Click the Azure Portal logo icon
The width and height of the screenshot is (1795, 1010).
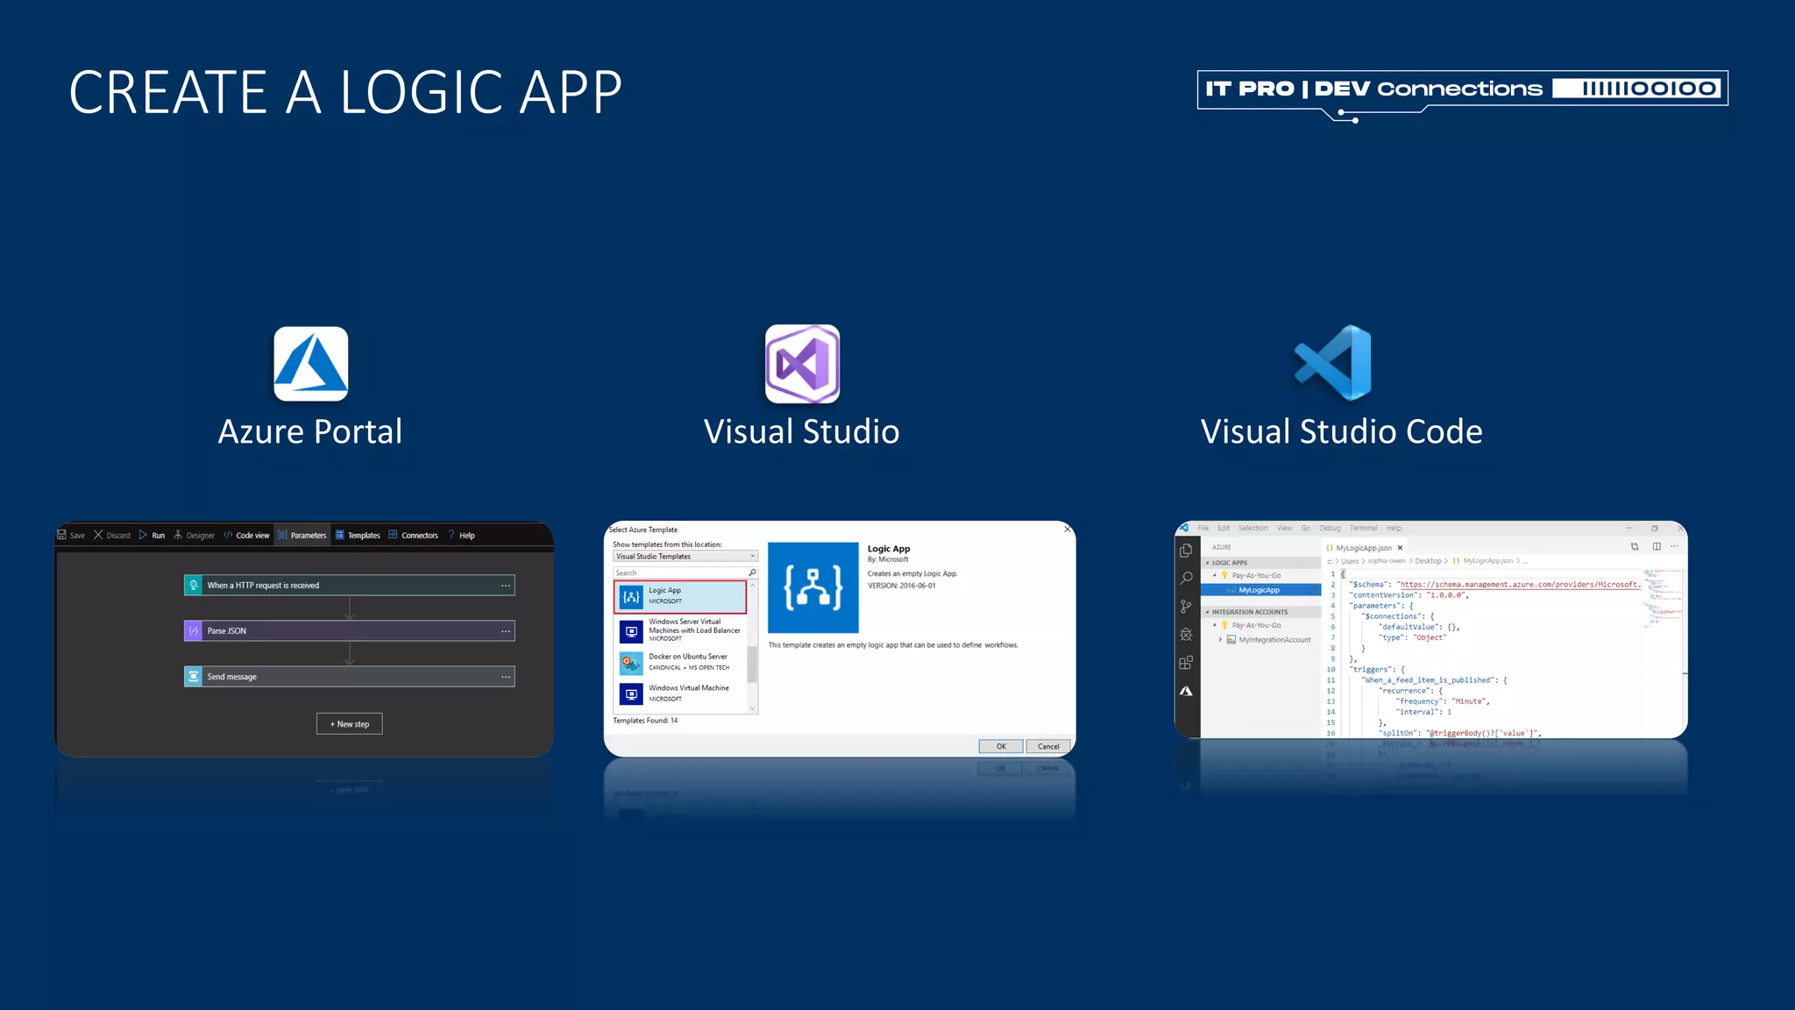[310, 364]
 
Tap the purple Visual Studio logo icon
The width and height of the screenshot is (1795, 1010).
[802, 364]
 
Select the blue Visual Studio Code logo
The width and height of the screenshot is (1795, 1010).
[1334, 363]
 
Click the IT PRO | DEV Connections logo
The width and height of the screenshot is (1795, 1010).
[1462, 89]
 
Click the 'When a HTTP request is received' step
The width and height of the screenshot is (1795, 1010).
[349, 586]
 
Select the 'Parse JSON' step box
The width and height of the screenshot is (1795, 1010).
[349, 631]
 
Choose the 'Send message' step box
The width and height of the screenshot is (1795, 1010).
[349, 677]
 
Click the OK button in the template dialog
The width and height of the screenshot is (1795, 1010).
[1000, 747]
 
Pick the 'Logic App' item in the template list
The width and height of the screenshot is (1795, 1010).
[680, 596]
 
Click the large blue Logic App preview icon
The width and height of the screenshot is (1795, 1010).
[812, 587]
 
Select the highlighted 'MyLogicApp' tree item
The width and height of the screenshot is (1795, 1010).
[1259, 590]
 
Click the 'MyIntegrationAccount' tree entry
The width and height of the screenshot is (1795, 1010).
[1274, 640]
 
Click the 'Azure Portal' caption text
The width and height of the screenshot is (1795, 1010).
[310, 432]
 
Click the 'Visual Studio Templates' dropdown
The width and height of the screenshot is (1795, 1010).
[685, 557]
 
